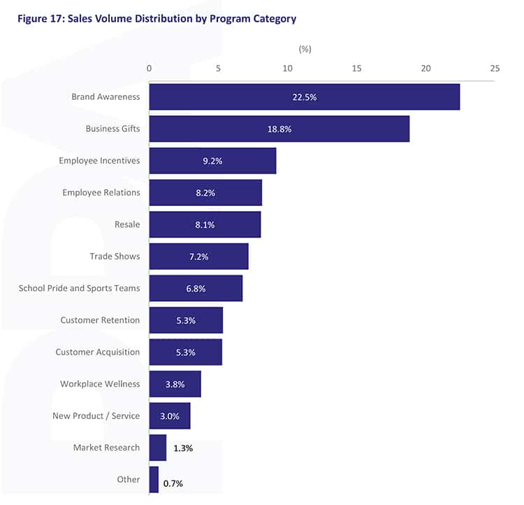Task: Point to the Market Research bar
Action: tap(157, 448)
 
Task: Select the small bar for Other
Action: tap(154, 480)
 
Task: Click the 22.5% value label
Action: tap(305, 97)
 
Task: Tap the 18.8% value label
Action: tap(279, 129)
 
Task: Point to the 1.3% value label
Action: tap(183, 448)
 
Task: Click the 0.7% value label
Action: tap(174, 483)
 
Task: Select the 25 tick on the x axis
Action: tap(495, 68)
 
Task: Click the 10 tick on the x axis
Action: tap(287, 68)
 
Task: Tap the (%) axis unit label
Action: tap(305, 49)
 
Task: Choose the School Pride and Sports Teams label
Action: tap(79, 288)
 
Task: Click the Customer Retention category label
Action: tap(100, 320)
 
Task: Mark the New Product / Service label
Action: tap(96, 416)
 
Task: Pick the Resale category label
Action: tap(127, 224)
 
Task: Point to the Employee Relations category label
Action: tap(101, 192)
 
